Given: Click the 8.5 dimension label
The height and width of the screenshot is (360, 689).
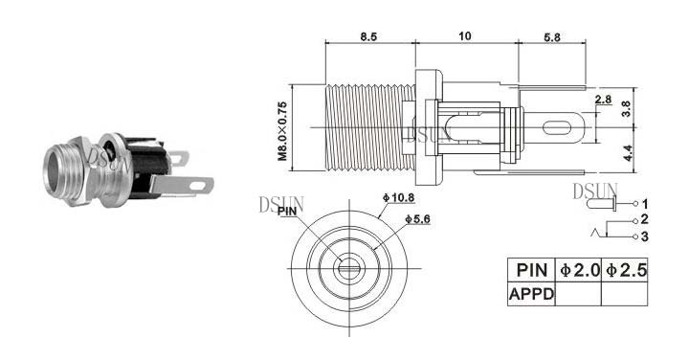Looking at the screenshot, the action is click(x=368, y=36).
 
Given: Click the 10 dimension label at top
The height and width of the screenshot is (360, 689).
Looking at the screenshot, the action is click(x=464, y=36).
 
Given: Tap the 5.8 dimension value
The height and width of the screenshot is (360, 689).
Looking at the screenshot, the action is click(x=552, y=37).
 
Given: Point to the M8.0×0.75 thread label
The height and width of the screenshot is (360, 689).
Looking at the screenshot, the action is click(x=282, y=131).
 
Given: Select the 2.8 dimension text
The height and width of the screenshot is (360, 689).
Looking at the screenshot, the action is click(x=603, y=100).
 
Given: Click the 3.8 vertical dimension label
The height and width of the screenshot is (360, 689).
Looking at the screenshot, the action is click(x=627, y=108).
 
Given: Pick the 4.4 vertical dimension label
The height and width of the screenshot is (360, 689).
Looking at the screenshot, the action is click(x=628, y=153).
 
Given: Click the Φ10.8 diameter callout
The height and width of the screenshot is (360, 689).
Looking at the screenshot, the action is click(x=398, y=198).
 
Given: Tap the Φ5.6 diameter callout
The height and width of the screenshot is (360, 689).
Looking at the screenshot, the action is click(x=417, y=219).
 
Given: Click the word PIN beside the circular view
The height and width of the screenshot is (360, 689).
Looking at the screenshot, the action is click(x=287, y=212).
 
